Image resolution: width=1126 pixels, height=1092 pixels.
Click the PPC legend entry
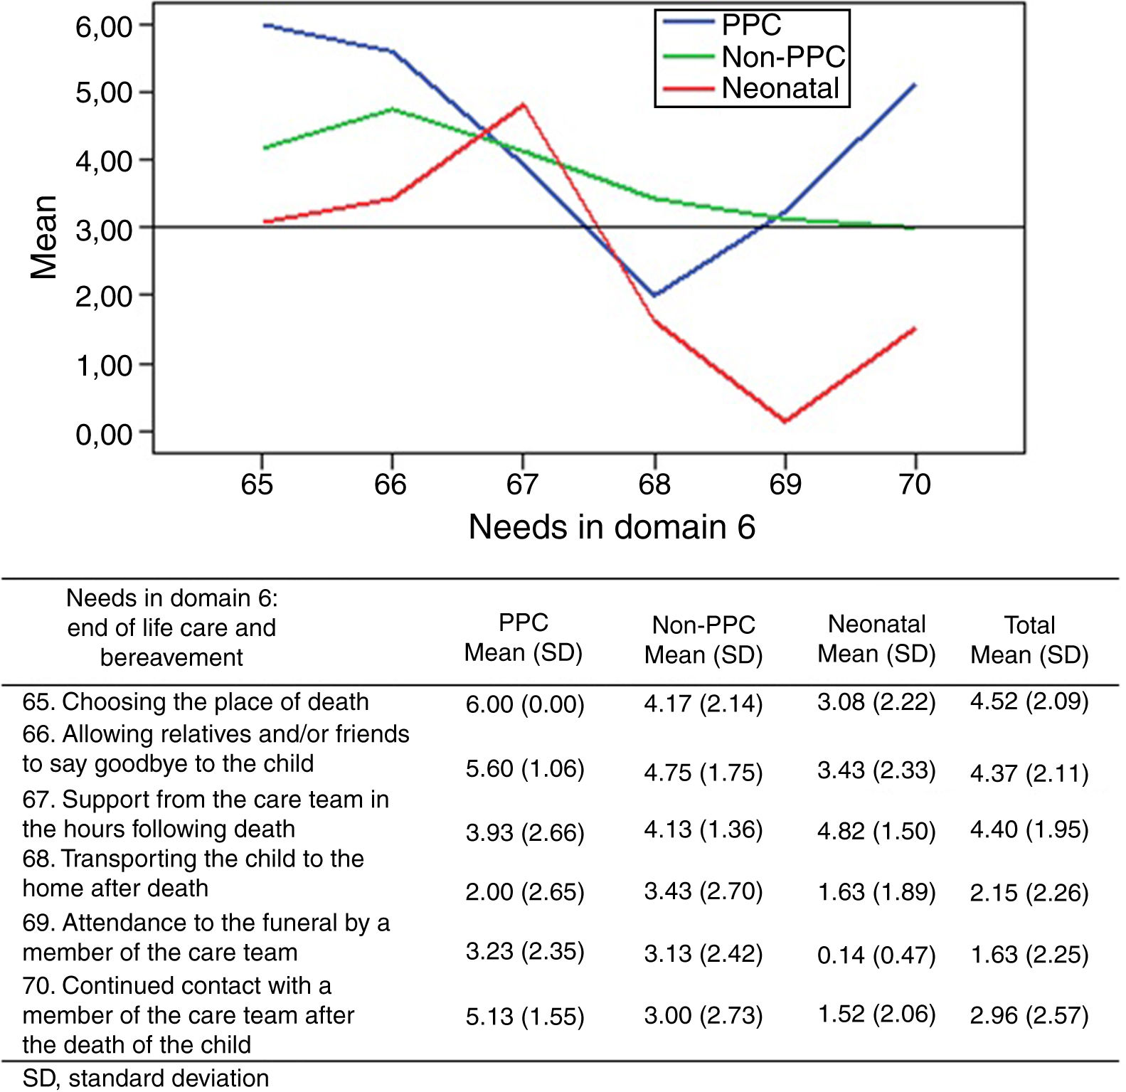coord(751,25)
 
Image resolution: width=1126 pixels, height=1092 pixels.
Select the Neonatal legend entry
coord(780,88)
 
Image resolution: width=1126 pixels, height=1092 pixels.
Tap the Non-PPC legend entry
coord(782,57)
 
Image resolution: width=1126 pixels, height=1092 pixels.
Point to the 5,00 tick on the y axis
coord(104,92)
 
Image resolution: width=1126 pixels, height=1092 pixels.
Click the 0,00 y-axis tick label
coord(104,433)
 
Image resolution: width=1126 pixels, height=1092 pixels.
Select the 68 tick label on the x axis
coord(654,484)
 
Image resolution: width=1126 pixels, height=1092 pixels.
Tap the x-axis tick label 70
coord(915,484)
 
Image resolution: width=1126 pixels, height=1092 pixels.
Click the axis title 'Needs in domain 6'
coord(612,527)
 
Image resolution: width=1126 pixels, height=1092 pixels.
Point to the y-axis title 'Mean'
coord(43,237)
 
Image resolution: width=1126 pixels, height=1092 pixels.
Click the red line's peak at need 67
coord(524,105)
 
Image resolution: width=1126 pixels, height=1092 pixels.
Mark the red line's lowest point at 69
coord(785,422)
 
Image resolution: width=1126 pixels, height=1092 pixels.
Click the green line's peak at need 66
coord(393,109)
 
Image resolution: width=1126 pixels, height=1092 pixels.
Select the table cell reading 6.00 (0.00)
coord(525,704)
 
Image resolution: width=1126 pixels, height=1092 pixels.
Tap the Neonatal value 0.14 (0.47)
coord(876,955)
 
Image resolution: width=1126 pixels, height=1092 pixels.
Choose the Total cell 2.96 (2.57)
coord(1029,1015)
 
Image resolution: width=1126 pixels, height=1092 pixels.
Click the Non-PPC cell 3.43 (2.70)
coord(703,891)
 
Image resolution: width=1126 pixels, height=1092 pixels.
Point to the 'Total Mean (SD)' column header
coord(1029,640)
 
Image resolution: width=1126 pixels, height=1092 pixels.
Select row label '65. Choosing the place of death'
coord(196,701)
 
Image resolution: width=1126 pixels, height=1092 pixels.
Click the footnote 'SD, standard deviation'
coord(146,1078)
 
